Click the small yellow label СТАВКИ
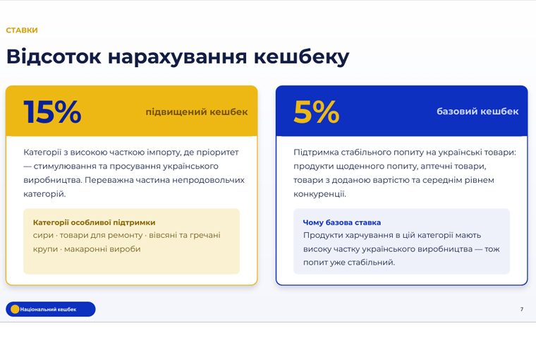click(x=22, y=30)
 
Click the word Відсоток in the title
click(x=54, y=56)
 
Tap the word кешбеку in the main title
click(x=302, y=57)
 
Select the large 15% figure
click(x=52, y=112)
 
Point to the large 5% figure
click(x=316, y=112)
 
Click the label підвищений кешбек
click(x=197, y=112)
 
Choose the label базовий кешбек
click(x=477, y=112)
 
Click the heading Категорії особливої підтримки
click(x=94, y=222)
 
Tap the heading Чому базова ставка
click(x=342, y=222)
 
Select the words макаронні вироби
click(x=102, y=249)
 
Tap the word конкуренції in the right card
click(x=319, y=194)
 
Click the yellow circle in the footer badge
click(x=15, y=309)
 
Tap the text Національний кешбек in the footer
click(x=48, y=309)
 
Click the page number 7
click(x=522, y=309)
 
